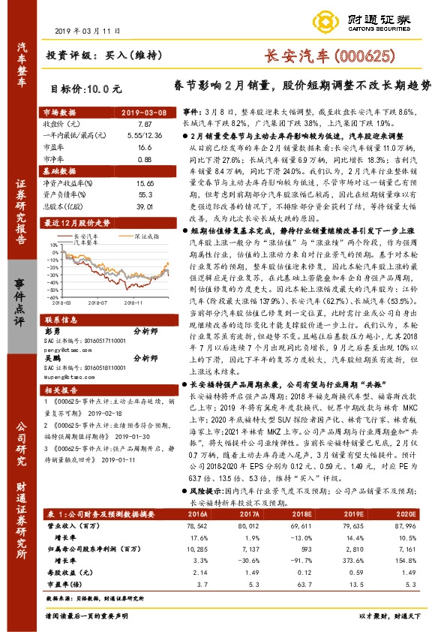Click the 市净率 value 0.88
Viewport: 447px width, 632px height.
tap(145, 159)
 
